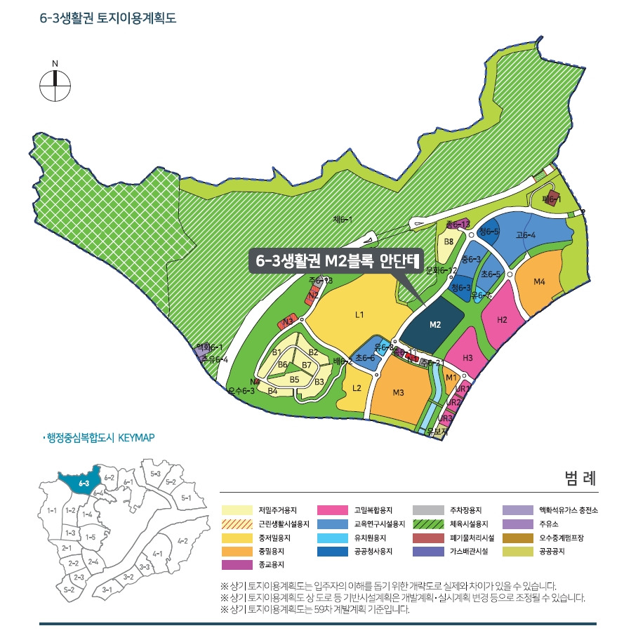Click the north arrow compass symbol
coord(55,87)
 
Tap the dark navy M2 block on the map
coord(435,324)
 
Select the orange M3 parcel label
coord(399,392)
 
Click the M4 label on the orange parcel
coord(539,282)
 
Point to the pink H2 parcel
coord(503,320)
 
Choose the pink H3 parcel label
coord(469,357)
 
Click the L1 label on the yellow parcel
coord(359,315)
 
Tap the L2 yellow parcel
coord(356,388)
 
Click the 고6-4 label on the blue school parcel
coord(526,235)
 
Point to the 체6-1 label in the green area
coord(342,220)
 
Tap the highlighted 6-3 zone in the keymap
coord(83,483)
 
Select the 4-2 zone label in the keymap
coord(183,540)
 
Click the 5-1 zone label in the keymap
coord(186,498)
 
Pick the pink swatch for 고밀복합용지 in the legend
coord(333,510)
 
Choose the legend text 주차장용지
coord(466,510)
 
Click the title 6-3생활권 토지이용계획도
coord(108,18)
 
